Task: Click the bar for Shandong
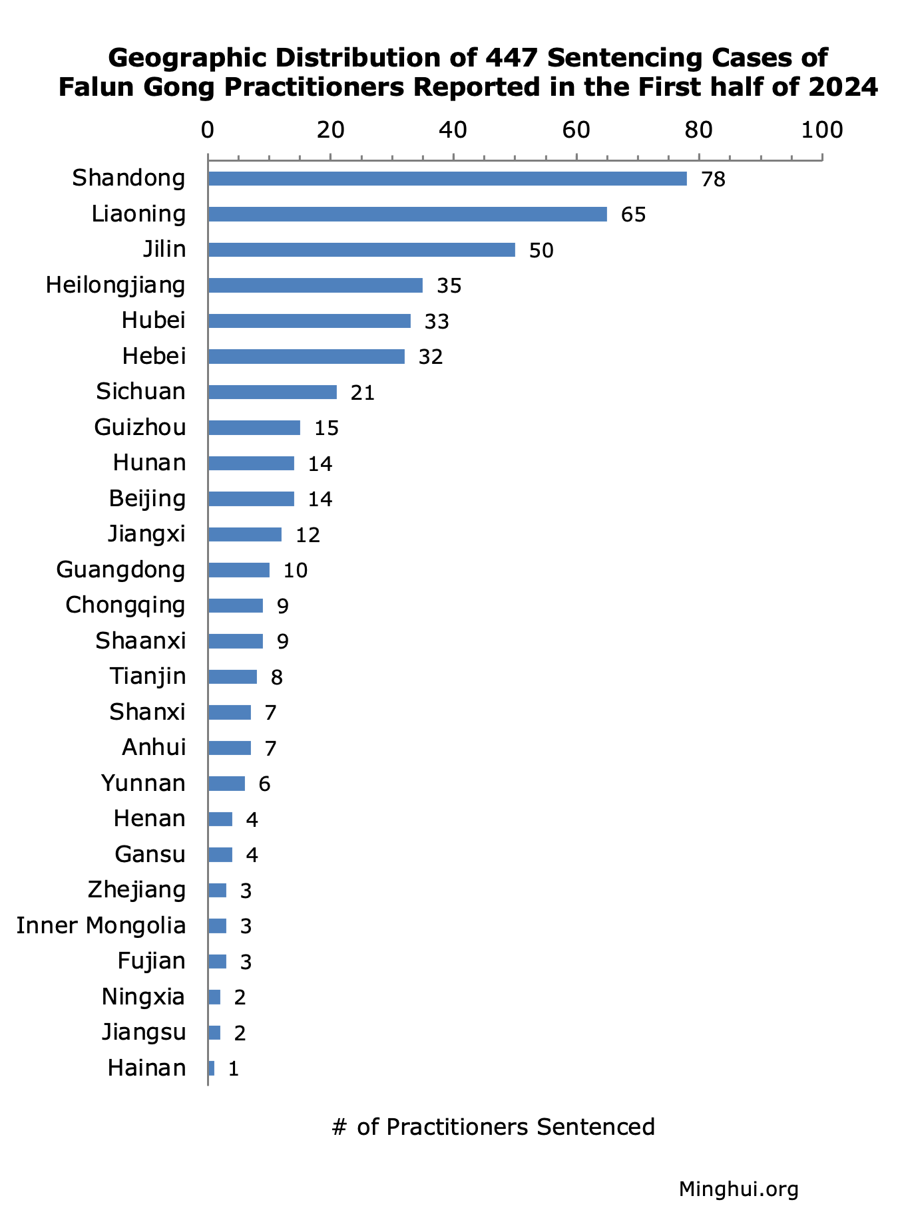(x=447, y=178)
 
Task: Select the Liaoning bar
(x=407, y=214)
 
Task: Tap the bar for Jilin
(x=361, y=249)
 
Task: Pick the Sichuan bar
(x=272, y=392)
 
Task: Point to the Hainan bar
(x=211, y=1068)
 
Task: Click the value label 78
(x=713, y=180)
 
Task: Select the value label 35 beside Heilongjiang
(x=449, y=286)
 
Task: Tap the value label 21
(x=363, y=393)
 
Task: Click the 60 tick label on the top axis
(x=576, y=130)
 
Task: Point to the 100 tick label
(x=821, y=130)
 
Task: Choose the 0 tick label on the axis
(x=208, y=130)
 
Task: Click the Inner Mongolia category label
(x=101, y=925)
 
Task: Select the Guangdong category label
(x=120, y=570)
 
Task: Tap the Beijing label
(x=147, y=499)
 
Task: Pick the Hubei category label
(x=153, y=321)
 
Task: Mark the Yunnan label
(x=143, y=783)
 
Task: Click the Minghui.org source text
(x=738, y=1151)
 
